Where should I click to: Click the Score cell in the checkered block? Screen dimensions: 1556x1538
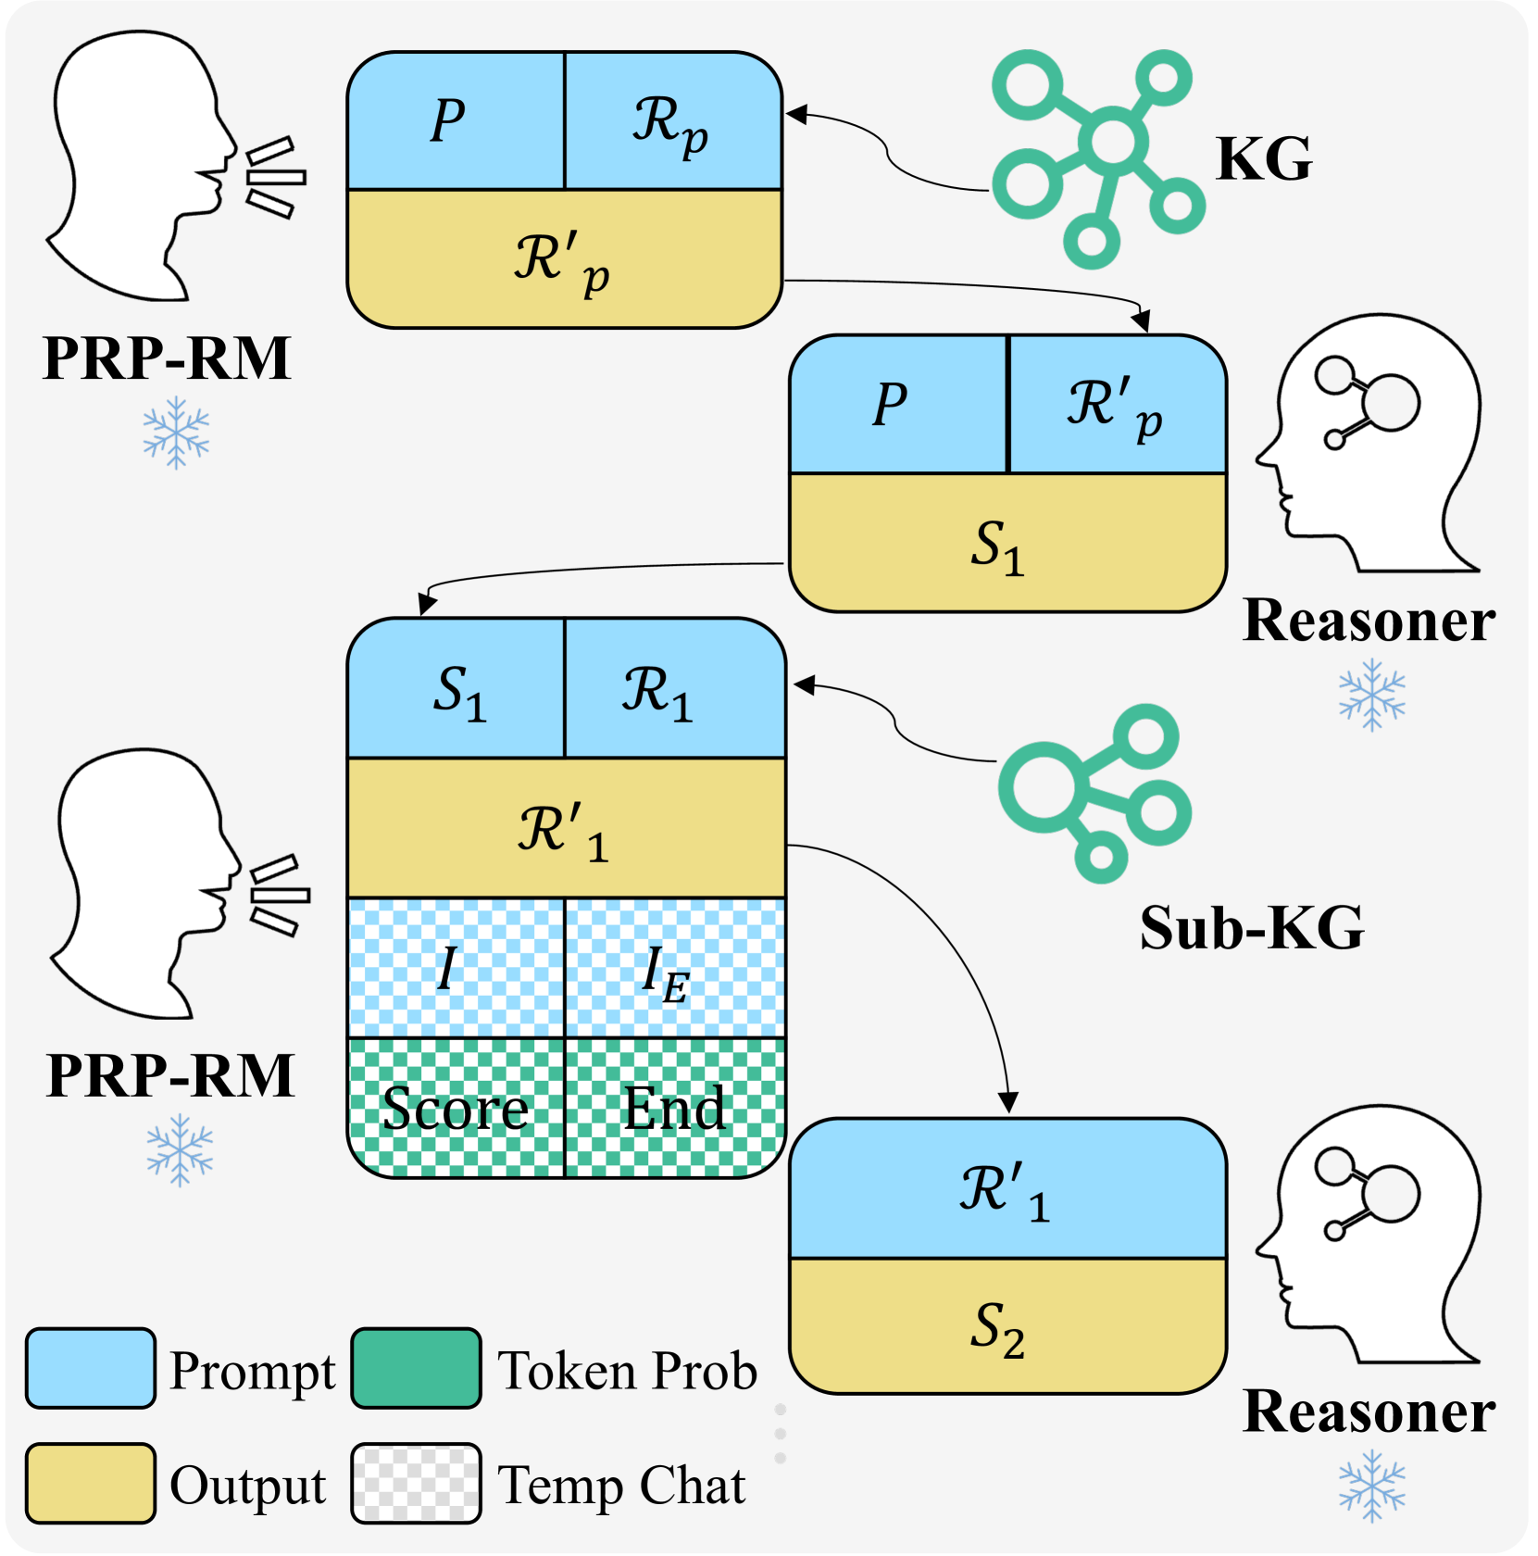456,1108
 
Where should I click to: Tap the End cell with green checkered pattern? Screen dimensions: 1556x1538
675,1108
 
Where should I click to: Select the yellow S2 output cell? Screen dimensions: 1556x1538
1007,1326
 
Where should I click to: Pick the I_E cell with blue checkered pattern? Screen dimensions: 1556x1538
675,969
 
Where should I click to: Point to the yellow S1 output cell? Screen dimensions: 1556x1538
1007,544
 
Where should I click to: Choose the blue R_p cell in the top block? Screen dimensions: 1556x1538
673,121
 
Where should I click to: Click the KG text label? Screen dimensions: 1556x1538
1264,159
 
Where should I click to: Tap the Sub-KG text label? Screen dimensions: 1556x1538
1252,927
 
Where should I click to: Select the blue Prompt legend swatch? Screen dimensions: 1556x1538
90,1369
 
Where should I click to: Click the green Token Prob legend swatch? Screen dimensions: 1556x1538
416,1369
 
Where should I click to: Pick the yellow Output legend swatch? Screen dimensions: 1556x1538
90,1483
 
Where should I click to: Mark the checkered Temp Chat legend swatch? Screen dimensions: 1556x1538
416,1483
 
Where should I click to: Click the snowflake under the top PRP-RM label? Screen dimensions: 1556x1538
176,433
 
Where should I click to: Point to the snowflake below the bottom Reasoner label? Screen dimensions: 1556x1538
1371,1487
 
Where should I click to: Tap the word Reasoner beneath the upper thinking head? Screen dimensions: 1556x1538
1369,620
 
